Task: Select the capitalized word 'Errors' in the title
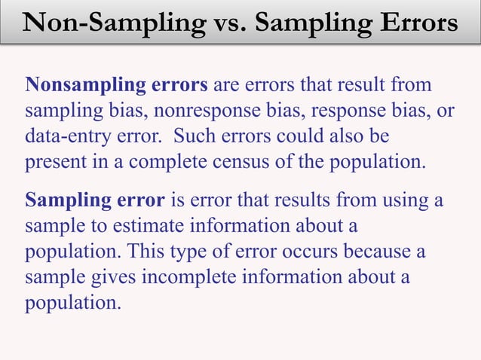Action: [x=410, y=24]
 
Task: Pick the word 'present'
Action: [x=51, y=162]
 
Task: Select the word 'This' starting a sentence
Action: [x=137, y=252]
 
